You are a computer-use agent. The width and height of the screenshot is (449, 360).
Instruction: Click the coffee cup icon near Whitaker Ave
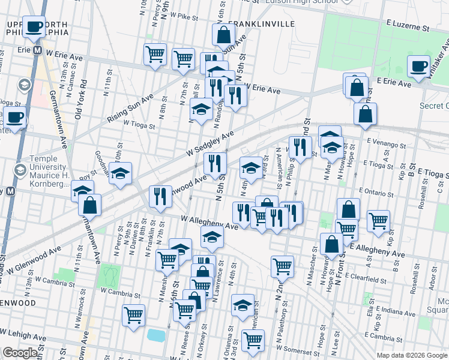click(x=418, y=66)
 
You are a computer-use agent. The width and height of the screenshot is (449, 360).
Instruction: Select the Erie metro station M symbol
click(x=37, y=50)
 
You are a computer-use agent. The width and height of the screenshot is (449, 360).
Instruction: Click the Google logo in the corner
click(x=20, y=353)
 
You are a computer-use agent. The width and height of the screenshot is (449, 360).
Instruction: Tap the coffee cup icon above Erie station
click(x=35, y=26)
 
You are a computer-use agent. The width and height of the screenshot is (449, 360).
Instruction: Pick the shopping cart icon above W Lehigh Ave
click(x=134, y=314)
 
